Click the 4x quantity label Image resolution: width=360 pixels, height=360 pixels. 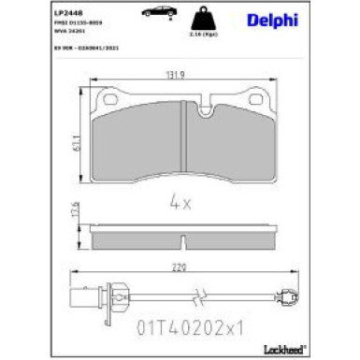pyautogui.click(x=180, y=200)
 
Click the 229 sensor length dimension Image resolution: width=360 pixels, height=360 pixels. pyautogui.click(x=180, y=266)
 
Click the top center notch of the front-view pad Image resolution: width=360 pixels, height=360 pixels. pyautogui.click(x=180, y=100)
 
